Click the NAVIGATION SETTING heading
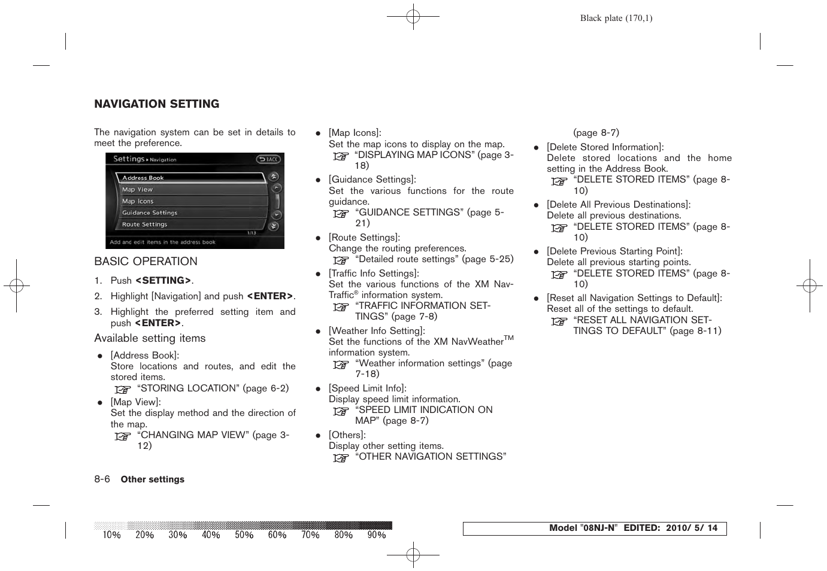(156, 104)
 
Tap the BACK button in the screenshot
(268, 159)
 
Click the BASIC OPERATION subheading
(146, 262)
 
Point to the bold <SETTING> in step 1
(163, 281)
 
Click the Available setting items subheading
(150, 338)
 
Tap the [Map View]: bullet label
(135, 402)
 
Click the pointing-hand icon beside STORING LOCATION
(123, 389)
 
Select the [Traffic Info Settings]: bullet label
(374, 274)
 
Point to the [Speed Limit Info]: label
(367, 388)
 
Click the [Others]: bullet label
(347, 435)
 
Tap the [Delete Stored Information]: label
(605, 147)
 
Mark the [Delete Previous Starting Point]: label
(614, 251)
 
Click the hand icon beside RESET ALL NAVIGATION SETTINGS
(559, 321)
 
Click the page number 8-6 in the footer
(102, 479)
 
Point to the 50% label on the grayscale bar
(244, 535)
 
